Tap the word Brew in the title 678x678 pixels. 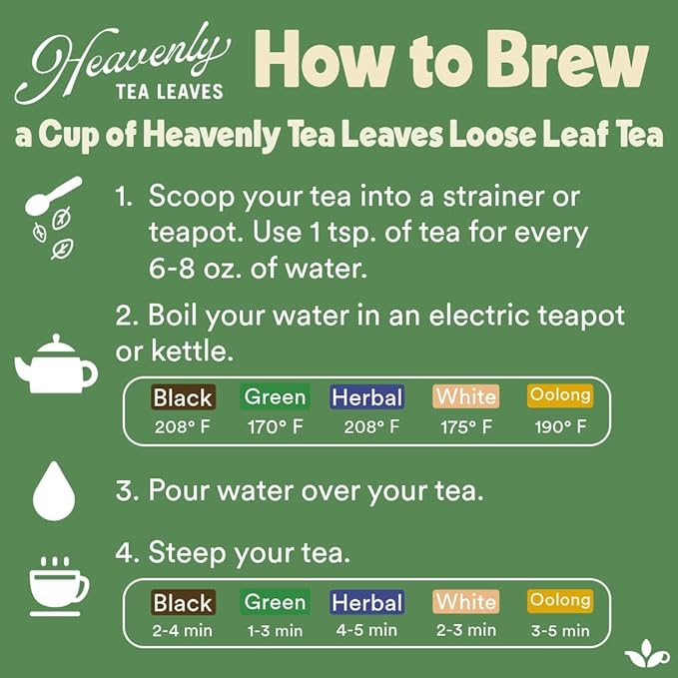(x=559, y=62)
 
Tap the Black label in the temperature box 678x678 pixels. (x=183, y=397)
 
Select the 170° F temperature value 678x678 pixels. (x=275, y=427)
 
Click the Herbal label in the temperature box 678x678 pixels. (x=367, y=397)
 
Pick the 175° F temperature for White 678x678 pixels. (x=465, y=427)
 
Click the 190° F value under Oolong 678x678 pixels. (x=559, y=427)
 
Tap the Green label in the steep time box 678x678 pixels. (x=275, y=602)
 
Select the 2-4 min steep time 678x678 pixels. (x=183, y=631)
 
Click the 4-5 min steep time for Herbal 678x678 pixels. (x=367, y=631)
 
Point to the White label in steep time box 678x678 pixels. (x=465, y=602)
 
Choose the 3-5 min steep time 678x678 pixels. (x=559, y=631)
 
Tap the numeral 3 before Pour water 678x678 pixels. (x=124, y=491)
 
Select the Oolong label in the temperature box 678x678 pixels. (x=559, y=395)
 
